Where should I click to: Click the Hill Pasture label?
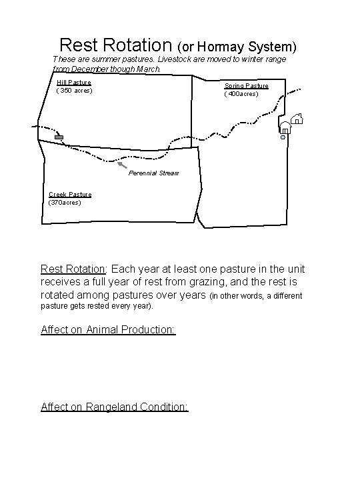[x=74, y=83]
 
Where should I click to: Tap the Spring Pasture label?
[x=246, y=86]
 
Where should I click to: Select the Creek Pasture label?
[x=70, y=195]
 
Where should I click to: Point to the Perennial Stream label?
[x=154, y=173]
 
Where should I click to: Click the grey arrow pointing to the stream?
[x=121, y=163]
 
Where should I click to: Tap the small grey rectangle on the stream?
[x=59, y=137]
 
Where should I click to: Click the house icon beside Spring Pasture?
[x=297, y=119]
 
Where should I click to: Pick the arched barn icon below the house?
[x=285, y=127]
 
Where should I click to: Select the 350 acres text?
[x=75, y=90]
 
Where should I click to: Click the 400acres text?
[x=241, y=93]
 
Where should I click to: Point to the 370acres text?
[x=65, y=202]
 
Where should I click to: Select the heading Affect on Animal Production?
[x=108, y=330]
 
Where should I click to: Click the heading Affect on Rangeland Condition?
[x=115, y=407]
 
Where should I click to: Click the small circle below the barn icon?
[x=283, y=137]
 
